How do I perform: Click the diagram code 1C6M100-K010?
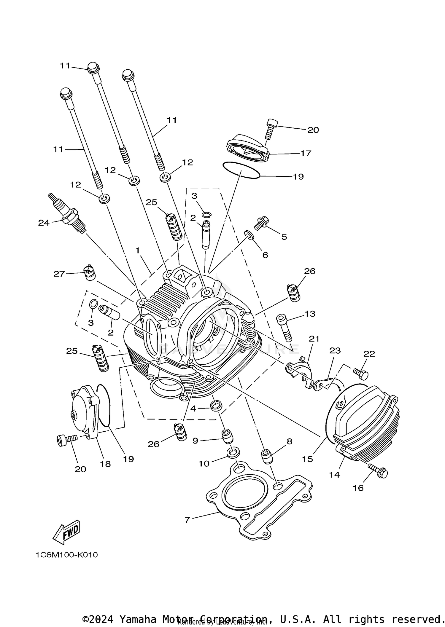tap(67, 555)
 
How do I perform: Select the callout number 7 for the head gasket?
tap(187, 520)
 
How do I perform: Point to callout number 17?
tap(306, 153)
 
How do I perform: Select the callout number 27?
tap(59, 274)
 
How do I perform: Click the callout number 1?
tap(137, 251)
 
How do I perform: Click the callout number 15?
tap(307, 459)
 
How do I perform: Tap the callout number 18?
tap(105, 464)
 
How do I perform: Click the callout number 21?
tap(314, 339)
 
